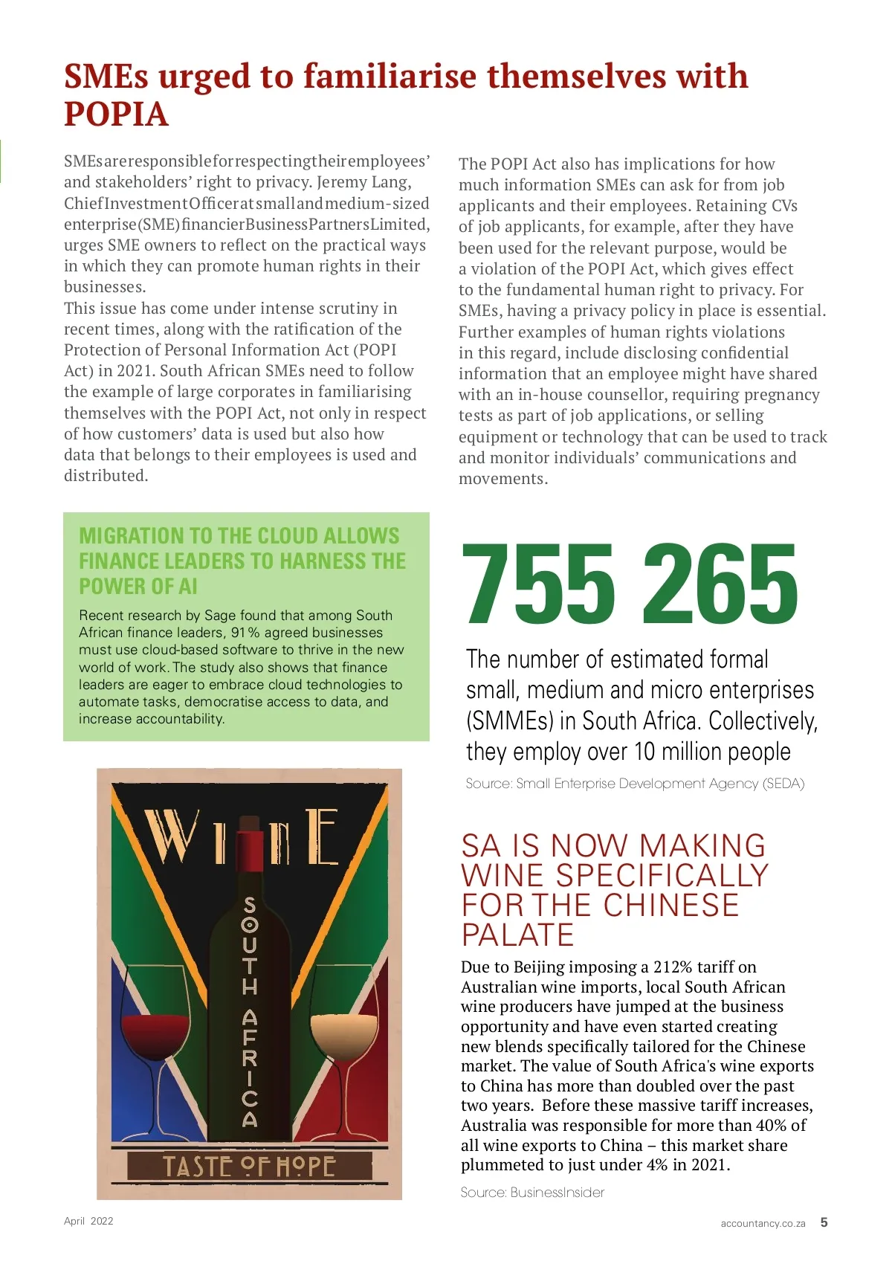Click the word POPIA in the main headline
pyautogui.click(x=116, y=115)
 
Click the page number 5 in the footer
pyautogui.click(x=824, y=1222)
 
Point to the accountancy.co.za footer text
pyautogui.click(x=763, y=1223)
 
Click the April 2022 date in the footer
pyautogui.click(x=88, y=1221)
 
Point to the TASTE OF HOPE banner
pyautogui.click(x=249, y=1166)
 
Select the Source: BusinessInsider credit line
pyautogui.click(x=532, y=1193)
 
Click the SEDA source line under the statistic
pyautogui.click(x=635, y=784)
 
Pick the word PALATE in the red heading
pyautogui.click(x=518, y=935)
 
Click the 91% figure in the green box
pyautogui.click(x=245, y=633)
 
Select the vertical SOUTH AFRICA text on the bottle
pyautogui.click(x=250, y=1011)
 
